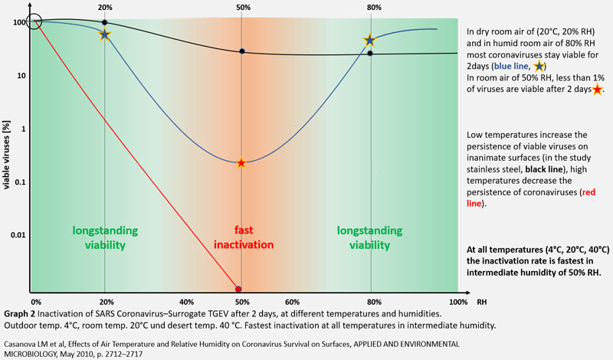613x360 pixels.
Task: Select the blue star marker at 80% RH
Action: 370,41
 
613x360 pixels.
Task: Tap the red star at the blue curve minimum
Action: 241,162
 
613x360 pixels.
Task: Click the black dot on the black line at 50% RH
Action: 241,51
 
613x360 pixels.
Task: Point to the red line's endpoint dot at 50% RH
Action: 238,289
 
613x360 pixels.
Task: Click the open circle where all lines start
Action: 34,21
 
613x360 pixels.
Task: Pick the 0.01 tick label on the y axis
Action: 15,235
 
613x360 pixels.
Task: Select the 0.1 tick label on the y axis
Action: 17,182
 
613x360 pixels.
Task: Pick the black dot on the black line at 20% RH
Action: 105,23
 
